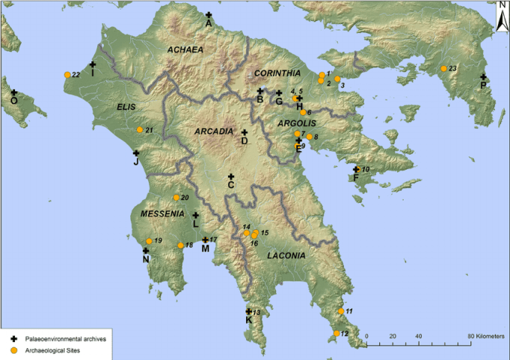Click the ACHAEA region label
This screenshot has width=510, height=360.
tap(185, 50)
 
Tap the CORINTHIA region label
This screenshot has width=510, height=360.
tap(277, 73)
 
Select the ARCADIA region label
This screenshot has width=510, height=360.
tap(214, 132)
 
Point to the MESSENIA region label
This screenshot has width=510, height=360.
tap(162, 214)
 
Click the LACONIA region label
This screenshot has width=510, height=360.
tap(285, 255)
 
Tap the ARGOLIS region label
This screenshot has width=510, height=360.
tap(298, 123)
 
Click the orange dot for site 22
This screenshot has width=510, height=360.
tap(67, 74)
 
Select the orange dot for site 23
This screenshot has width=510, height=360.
tap(443, 69)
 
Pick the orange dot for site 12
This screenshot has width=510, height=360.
tap(337, 333)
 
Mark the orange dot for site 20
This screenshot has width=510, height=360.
tap(176, 198)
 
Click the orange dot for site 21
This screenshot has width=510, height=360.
tap(140, 130)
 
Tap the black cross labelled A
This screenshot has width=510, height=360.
tap(209, 15)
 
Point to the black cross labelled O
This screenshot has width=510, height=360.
tap(13, 93)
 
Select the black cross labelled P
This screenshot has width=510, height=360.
tap(483, 77)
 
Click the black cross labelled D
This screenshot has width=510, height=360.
tap(244, 132)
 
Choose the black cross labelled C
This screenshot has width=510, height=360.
tap(231, 177)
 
